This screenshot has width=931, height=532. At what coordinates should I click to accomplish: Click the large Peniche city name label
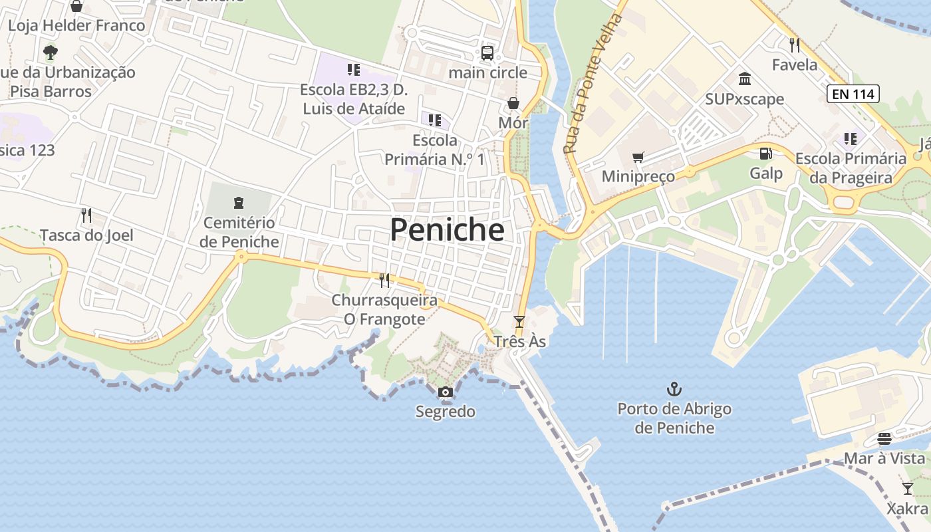447,230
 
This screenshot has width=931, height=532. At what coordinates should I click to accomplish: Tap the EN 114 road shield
853,94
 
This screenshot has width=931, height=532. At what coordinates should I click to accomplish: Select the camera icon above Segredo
446,392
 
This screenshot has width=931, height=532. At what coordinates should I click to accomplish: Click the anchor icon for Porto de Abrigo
674,388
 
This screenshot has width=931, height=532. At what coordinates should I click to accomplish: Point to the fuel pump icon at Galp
766,154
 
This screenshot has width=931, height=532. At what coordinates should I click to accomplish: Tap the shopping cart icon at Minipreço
638,158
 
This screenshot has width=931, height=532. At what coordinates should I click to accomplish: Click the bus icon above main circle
487,53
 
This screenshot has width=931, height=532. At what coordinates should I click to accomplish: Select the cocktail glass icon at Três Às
519,322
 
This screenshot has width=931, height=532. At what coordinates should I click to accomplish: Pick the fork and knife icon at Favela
794,45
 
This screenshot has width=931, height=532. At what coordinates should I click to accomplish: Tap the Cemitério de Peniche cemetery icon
239,203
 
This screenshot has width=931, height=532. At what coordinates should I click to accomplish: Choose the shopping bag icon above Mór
513,103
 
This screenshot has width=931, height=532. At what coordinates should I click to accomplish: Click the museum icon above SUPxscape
745,79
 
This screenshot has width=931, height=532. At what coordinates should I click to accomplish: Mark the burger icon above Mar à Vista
884,439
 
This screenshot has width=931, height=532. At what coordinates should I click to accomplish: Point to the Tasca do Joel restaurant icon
86,215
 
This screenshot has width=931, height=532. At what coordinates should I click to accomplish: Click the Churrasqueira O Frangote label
384,310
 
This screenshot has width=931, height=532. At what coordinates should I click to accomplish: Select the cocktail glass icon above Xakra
907,489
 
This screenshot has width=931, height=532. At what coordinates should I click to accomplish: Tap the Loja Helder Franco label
76,26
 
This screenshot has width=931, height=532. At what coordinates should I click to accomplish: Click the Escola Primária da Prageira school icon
850,139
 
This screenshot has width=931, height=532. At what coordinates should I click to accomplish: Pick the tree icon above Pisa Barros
50,52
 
